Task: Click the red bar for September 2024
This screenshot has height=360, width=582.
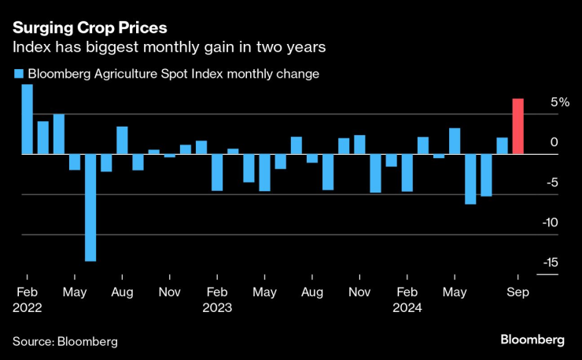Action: point(518,127)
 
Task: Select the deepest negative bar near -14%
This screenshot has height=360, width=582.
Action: point(90,208)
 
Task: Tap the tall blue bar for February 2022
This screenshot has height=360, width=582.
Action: point(27,119)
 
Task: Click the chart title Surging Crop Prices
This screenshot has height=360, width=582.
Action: point(90,28)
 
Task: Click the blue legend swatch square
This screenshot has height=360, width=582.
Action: point(18,75)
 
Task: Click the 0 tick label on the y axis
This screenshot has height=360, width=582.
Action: point(554,143)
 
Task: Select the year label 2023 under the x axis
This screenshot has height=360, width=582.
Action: point(217,308)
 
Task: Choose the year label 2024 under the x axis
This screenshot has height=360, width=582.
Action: point(407,308)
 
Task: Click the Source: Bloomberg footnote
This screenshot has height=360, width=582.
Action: point(64,341)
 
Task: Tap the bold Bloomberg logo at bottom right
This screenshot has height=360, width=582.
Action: point(532,340)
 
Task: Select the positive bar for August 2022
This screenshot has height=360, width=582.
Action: point(122,141)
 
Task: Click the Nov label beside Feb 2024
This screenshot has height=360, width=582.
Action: point(359,292)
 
